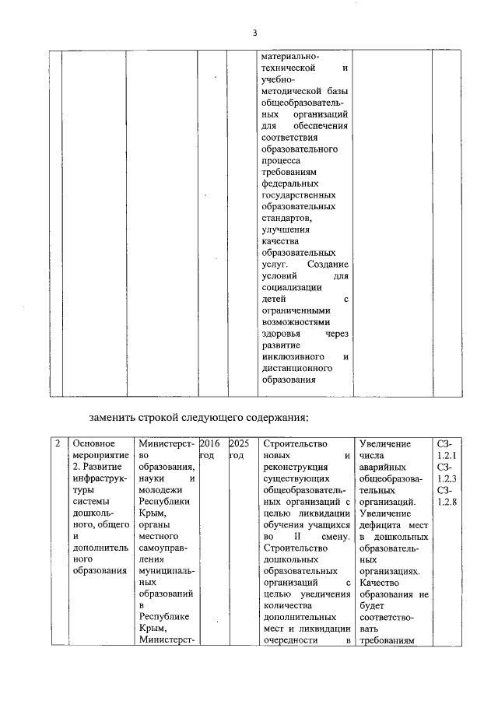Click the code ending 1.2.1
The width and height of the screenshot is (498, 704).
[x=447, y=455]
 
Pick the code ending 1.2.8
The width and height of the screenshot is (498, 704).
[x=447, y=502]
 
